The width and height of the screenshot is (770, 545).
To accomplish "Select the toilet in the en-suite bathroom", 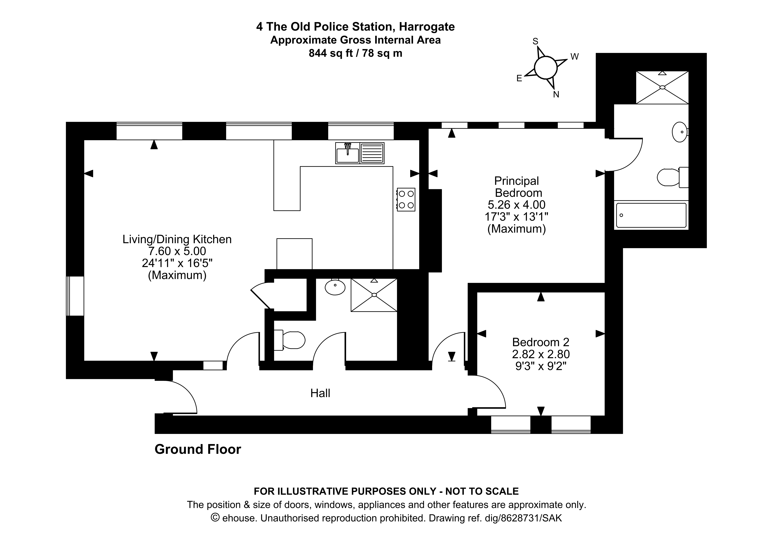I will pyautogui.click(x=672, y=177).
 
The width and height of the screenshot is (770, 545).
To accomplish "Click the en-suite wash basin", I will pyautogui.click(x=680, y=132).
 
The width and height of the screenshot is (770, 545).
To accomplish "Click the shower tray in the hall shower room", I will pyautogui.click(x=374, y=295).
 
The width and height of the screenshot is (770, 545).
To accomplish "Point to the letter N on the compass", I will pyautogui.click(x=556, y=95).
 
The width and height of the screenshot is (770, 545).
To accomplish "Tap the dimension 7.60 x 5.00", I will pyautogui.click(x=177, y=251).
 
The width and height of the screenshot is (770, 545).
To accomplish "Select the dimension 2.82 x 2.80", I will pyautogui.click(x=541, y=354).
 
